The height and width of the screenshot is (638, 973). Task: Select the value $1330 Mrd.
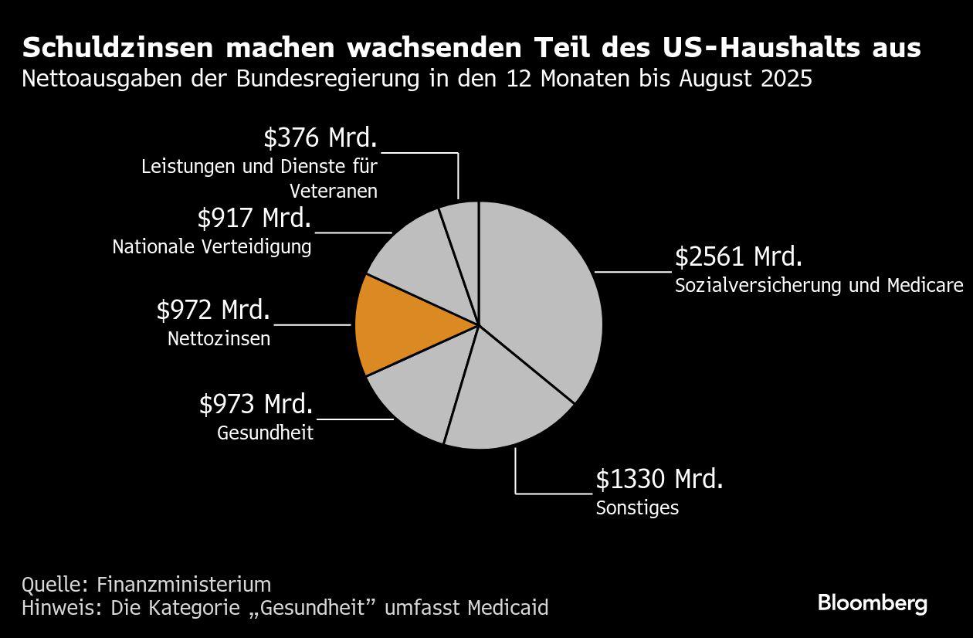coord(659,479)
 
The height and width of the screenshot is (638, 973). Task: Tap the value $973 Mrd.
coord(256,404)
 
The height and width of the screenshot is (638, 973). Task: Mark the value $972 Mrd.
coord(213,310)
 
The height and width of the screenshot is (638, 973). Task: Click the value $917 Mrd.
coord(254,219)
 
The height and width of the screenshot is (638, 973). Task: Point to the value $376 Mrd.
coord(320,137)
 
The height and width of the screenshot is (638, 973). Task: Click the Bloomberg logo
coord(873,603)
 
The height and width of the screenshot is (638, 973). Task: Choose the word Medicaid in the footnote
coord(507,608)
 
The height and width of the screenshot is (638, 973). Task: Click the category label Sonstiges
coord(637,508)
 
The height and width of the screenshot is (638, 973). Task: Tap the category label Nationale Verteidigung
coord(212,247)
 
